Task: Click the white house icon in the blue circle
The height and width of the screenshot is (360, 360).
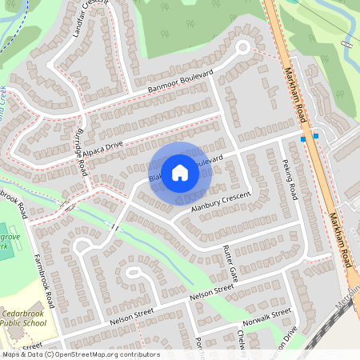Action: tap(180, 172)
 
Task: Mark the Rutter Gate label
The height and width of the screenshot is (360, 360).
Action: tap(229, 264)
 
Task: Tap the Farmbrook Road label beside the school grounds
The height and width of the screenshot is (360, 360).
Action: tap(44, 276)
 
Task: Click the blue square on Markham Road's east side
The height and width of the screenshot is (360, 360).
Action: tap(316, 136)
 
